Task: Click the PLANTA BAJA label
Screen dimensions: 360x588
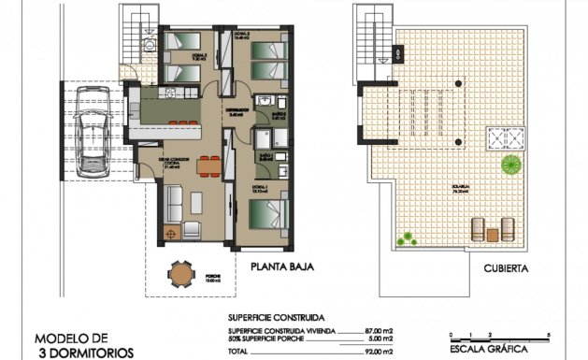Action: pos(280,266)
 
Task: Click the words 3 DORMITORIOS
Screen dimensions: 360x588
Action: pos(82,353)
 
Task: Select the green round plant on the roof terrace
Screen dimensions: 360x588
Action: pos(510,166)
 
